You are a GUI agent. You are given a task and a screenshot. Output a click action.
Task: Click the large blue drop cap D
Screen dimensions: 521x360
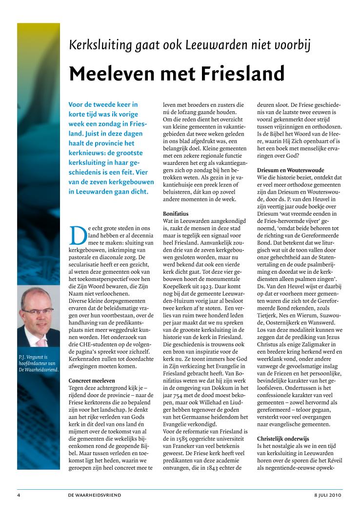[x=78, y=237]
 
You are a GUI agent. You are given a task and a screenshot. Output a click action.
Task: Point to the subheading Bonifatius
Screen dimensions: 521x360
[x=175, y=214]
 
